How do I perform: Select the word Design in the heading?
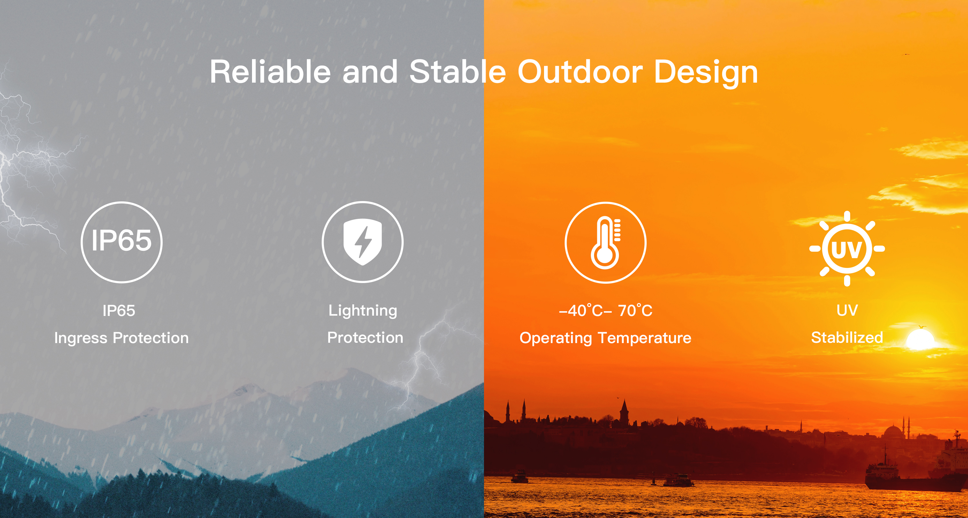coord(706,73)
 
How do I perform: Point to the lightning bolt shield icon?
coord(362,242)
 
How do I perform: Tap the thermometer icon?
coord(605,242)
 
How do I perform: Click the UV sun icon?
coord(847,249)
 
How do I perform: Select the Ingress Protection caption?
coord(121,338)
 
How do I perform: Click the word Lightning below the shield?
coord(363,311)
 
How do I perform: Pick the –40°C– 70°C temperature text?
coord(605,310)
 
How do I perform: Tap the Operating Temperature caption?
coord(605,338)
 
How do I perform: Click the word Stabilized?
coord(847,337)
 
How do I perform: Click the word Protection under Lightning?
coord(365,337)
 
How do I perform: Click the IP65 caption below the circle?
coord(119,310)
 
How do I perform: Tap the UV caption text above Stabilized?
coord(847,310)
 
